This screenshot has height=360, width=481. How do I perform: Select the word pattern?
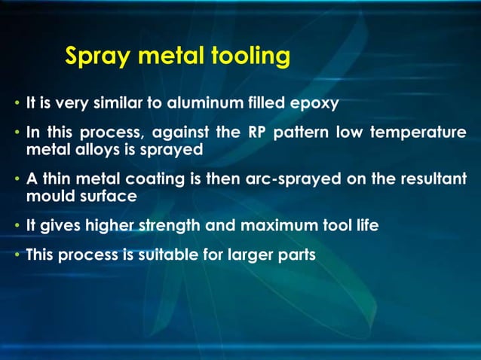click(300, 133)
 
